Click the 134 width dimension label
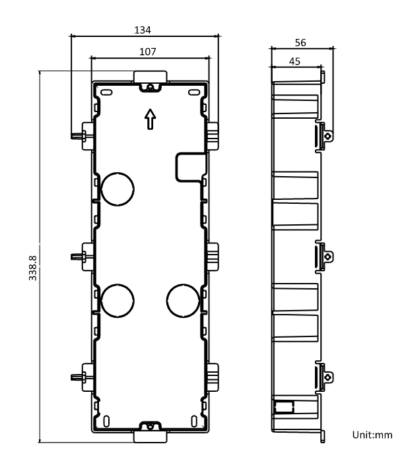tap(143, 30)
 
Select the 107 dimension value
tap(148, 51)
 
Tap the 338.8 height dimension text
tap(32, 268)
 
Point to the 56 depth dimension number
tap(300, 43)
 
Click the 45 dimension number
tap(294, 61)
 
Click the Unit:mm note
tap(372, 435)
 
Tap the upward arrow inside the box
tap(151, 119)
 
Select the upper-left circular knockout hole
tap(118, 189)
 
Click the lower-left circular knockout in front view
tap(118, 301)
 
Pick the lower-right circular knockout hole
tap(183, 301)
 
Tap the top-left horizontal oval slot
tap(106, 92)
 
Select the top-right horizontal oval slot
tap(194, 92)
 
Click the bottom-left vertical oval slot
tap(106, 421)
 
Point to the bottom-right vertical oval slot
tap(194, 421)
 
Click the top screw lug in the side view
tap(328, 136)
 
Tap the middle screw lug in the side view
tap(328, 257)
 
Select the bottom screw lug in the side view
tap(328, 377)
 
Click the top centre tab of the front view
tap(151, 76)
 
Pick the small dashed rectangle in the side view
tap(285, 407)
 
